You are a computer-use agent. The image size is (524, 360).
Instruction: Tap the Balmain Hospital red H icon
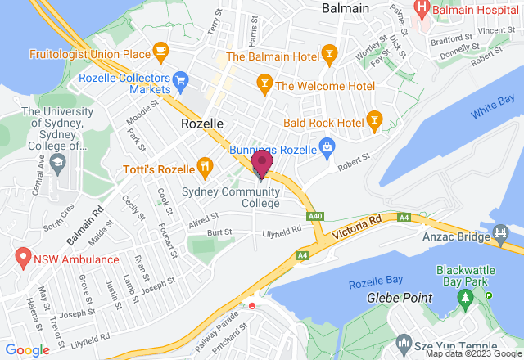[422, 10]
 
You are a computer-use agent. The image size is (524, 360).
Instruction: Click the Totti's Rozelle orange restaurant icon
[204, 168]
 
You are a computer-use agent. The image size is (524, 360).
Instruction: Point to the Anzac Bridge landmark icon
[500, 237]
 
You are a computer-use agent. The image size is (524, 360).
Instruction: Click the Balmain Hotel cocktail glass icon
[329, 56]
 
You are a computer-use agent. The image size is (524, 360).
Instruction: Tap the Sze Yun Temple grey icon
[402, 341]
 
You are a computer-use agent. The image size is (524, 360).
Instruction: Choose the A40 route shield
[314, 216]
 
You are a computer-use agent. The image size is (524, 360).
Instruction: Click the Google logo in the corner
[28, 349]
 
